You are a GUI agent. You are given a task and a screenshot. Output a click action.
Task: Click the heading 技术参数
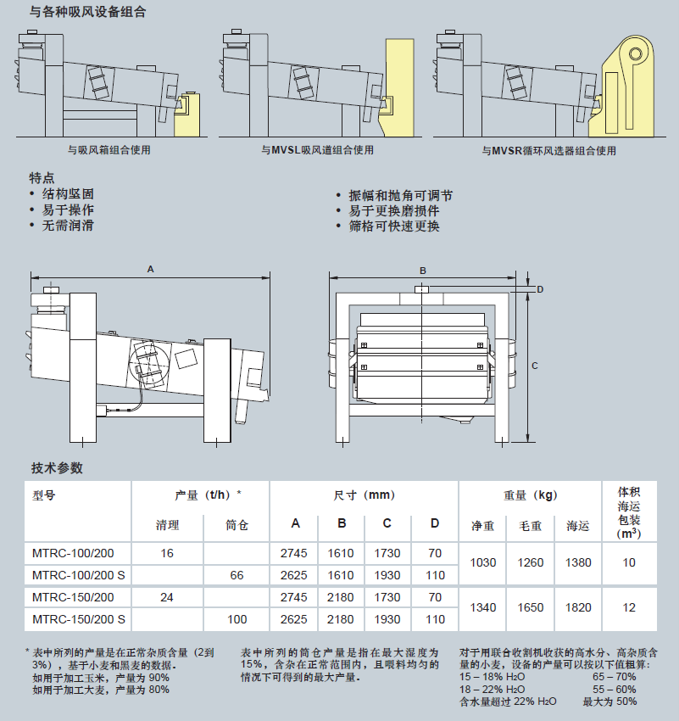pyautogui.click(x=57, y=468)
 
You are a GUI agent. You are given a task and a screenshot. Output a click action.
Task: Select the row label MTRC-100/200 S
pyautogui.click(x=79, y=575)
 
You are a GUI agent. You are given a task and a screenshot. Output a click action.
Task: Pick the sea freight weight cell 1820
pyautogui.click(x=579, y=607)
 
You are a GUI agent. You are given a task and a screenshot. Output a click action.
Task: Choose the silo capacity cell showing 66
pyautogui.click(x=237, y=575)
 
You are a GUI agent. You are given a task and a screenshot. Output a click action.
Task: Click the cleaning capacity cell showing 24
pyautogui.click(x=167, y=597)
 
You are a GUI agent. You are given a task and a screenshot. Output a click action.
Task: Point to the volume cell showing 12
pyautogui.click(x=628, y=607)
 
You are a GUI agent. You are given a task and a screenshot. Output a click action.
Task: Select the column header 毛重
pyautogui.click(x=531, y=525)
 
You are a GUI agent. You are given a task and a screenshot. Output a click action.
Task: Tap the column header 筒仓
pyautogui.click(x=237, y=525)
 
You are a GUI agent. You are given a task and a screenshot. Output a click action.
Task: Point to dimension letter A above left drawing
pyautogui.click(x=150, y=269)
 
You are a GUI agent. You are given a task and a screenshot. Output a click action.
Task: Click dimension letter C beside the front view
pyautogui.click(x=535, y=366)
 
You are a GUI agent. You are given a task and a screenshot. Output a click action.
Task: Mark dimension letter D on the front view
pyautogui.click(x=539, y=290)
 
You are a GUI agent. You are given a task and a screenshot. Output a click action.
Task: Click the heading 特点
pyautogui.click(x=42, y=178)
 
